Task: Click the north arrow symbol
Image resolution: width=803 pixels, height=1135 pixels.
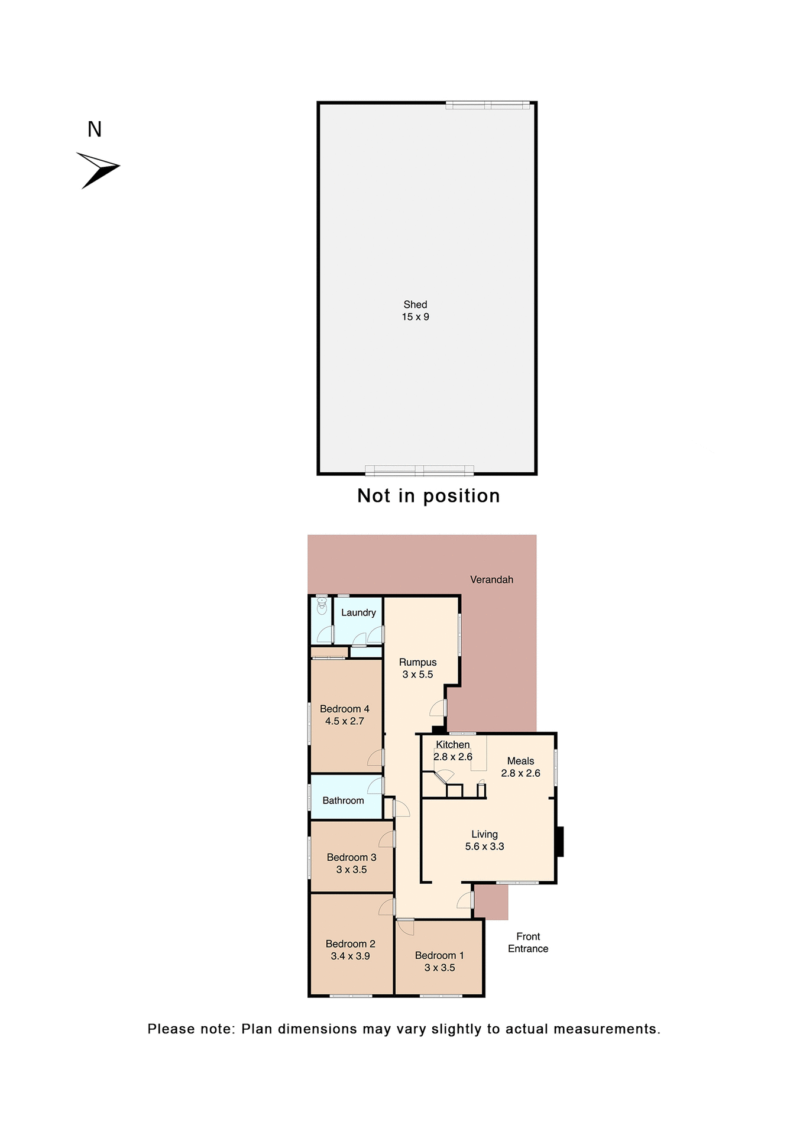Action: (98, 170)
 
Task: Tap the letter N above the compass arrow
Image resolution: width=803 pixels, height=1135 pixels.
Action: (95, 129)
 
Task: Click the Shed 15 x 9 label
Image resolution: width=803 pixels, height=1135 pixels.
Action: (415, 310)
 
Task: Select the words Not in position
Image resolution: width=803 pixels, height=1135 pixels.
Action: (428, 495)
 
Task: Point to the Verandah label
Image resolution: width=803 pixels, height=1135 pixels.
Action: (491, 579)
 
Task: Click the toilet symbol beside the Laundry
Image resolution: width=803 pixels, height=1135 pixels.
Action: (322, 605)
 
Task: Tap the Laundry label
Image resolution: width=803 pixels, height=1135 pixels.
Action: (358, 612)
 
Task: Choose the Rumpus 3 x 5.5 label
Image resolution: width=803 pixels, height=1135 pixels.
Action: (417, 668)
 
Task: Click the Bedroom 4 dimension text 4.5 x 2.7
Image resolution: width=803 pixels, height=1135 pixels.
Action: (345, 721)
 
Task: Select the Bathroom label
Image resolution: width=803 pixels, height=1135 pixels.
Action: (343, 800)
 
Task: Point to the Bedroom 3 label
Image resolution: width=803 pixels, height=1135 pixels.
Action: (351, 857)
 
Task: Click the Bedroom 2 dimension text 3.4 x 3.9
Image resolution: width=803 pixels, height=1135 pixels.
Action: (350, 956)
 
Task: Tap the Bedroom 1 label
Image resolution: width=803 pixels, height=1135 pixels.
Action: (439, 955)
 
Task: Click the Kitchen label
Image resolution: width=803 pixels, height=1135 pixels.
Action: (453, 745)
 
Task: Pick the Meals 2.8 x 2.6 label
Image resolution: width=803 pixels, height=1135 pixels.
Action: (520, 767)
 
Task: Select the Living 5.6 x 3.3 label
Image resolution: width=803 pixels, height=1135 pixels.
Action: (484, 840)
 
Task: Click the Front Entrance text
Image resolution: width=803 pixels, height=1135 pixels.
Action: (528, 942)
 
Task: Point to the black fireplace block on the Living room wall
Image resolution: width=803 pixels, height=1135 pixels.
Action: (559, 841)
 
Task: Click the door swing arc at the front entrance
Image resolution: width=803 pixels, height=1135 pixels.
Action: (465, 900)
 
